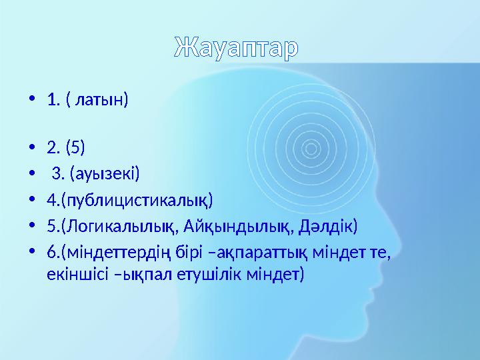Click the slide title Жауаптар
tap(237, 48)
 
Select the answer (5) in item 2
tap(75, 147)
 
